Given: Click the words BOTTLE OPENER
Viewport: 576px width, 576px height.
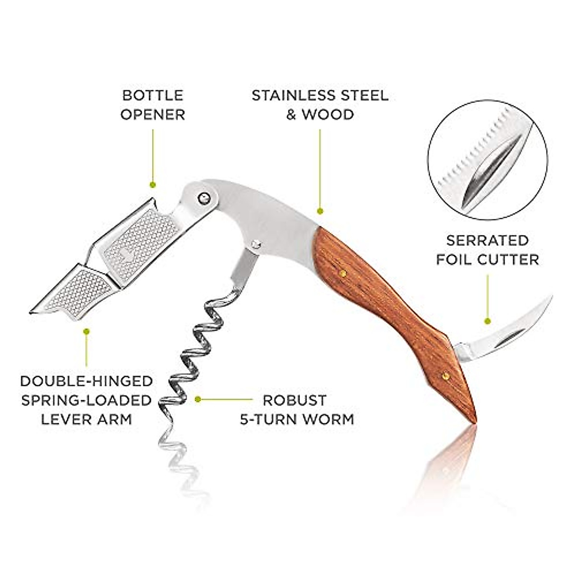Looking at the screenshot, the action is click(x=153, y=105).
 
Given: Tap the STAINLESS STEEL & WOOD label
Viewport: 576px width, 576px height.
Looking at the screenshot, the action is click(x=320, y=105).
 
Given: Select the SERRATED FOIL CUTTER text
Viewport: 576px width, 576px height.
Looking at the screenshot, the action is click(x=487, y=250).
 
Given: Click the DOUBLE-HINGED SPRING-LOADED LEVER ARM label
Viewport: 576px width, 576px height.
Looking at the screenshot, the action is click(x=86, y=400).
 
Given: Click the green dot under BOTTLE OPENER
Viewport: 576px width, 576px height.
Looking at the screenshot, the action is click(x=153, y=184).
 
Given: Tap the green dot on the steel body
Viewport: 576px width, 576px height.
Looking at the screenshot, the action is click(x=320, y=211).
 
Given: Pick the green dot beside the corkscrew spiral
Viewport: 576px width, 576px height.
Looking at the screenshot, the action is click(x=197, y=399).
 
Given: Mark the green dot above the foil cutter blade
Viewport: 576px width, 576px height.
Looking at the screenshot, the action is click(x=487, y=321).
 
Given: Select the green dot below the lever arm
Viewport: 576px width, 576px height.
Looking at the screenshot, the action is click(x=86, y=331).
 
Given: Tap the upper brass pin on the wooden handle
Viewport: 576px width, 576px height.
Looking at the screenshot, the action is click(x=343, y=274).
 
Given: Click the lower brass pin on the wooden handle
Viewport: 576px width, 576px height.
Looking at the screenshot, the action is click(x=445, y=376).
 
